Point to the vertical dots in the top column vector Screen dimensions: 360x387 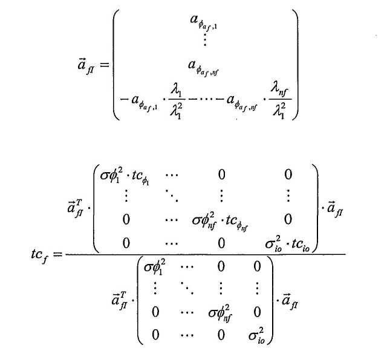206,41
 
